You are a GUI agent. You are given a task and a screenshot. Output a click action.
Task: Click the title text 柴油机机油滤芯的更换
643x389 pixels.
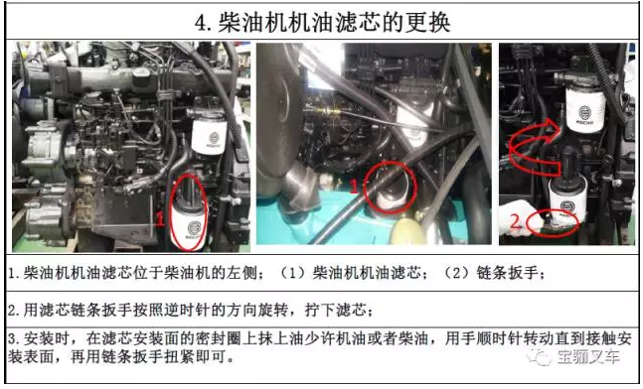tap(334, 22)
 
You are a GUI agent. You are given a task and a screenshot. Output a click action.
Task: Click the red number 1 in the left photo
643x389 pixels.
tap(160, 218)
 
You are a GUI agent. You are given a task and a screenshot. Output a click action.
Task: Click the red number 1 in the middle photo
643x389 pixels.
tap(354, 187)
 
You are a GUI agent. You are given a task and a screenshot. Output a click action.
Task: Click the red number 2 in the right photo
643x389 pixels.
tap(516, 221)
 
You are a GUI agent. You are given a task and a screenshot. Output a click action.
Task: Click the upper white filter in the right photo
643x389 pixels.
tap(584, 109)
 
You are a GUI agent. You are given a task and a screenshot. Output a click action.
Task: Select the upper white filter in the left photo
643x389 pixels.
tap(209, 136)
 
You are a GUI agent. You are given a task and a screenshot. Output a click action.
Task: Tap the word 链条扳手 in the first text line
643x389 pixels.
tap(507, 272)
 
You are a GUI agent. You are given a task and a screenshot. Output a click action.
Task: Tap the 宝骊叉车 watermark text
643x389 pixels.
tap(587, 357)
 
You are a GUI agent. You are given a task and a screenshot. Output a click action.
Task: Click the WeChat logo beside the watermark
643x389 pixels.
tap(539, 357)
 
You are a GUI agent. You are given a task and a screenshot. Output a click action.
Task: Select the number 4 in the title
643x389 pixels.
tap(201, 23)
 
